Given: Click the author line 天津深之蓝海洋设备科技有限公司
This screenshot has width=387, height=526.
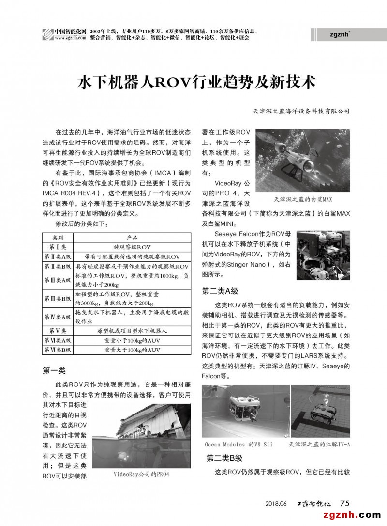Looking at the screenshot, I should point(301,111).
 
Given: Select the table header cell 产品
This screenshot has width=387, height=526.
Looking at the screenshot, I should point(132,238).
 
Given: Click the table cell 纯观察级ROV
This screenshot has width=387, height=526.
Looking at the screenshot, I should point(132,247).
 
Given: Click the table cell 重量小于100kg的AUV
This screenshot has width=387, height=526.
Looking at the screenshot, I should point(132,340).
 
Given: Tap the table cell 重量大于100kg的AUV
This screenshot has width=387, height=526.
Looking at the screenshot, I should point(132,350).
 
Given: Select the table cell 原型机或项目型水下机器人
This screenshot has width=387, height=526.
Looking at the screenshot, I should point(132,331).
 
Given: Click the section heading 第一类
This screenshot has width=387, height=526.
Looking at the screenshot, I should point(54,371).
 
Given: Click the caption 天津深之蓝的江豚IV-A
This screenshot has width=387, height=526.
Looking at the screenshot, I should point(319,444).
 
